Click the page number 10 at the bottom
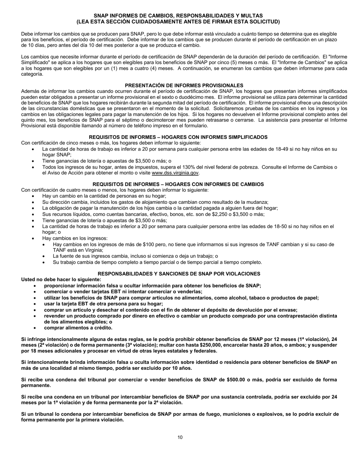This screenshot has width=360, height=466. click(180, 437)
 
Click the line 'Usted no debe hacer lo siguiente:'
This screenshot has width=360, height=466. click(61, 279)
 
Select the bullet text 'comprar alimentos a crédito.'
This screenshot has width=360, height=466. click(78, 328)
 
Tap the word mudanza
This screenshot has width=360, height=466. click(258, 202)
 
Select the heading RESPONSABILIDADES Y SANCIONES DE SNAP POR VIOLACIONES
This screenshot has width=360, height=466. click(179, 273)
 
